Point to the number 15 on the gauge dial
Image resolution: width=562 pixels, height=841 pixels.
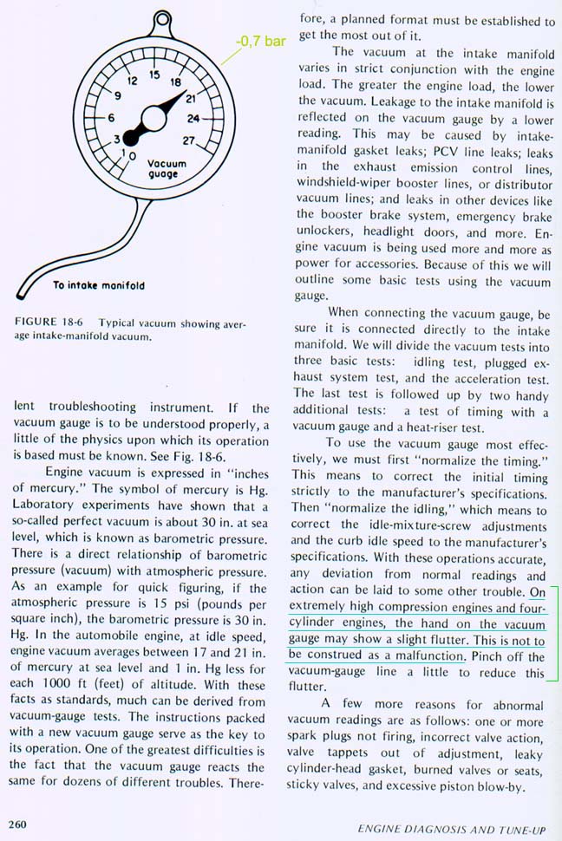pos(154,75)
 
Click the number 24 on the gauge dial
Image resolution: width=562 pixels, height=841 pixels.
pos(193,119)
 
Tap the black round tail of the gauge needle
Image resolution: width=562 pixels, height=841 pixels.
pos(130,135)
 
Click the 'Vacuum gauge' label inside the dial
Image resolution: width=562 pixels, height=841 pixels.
pos(162,168)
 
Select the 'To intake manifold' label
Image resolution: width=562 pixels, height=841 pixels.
pos(98,285)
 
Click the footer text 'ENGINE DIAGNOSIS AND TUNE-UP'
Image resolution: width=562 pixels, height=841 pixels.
pos(451,829)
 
